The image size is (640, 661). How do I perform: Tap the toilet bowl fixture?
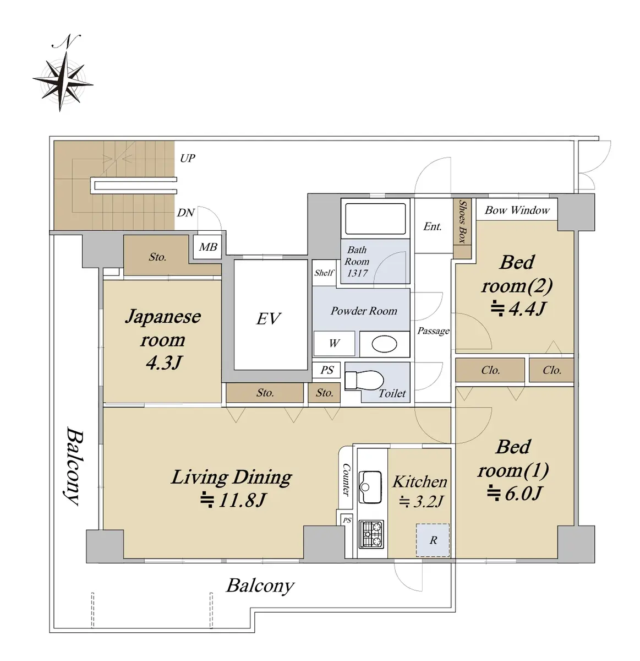[363, 380]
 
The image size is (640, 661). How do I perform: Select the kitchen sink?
[370, 487]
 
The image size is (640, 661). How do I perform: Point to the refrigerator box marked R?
[433, 540]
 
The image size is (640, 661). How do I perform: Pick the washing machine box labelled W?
[334, 343]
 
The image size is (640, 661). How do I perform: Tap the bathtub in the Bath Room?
[375, 219]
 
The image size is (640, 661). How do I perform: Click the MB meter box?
[207, 247]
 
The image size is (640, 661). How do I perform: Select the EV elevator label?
[269, 319]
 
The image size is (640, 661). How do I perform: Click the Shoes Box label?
[462, 221]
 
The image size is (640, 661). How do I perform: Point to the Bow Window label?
[517, 210]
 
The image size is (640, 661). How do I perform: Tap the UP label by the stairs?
[187, 158]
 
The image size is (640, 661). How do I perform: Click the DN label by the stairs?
[185, 213]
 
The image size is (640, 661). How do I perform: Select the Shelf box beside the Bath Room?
[324, 273]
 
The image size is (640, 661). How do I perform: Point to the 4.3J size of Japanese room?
[164, 362]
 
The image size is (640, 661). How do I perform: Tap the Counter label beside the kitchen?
[346, 479]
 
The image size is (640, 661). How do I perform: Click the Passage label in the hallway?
[433, 330]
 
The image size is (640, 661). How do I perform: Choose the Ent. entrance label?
[433, 226]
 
